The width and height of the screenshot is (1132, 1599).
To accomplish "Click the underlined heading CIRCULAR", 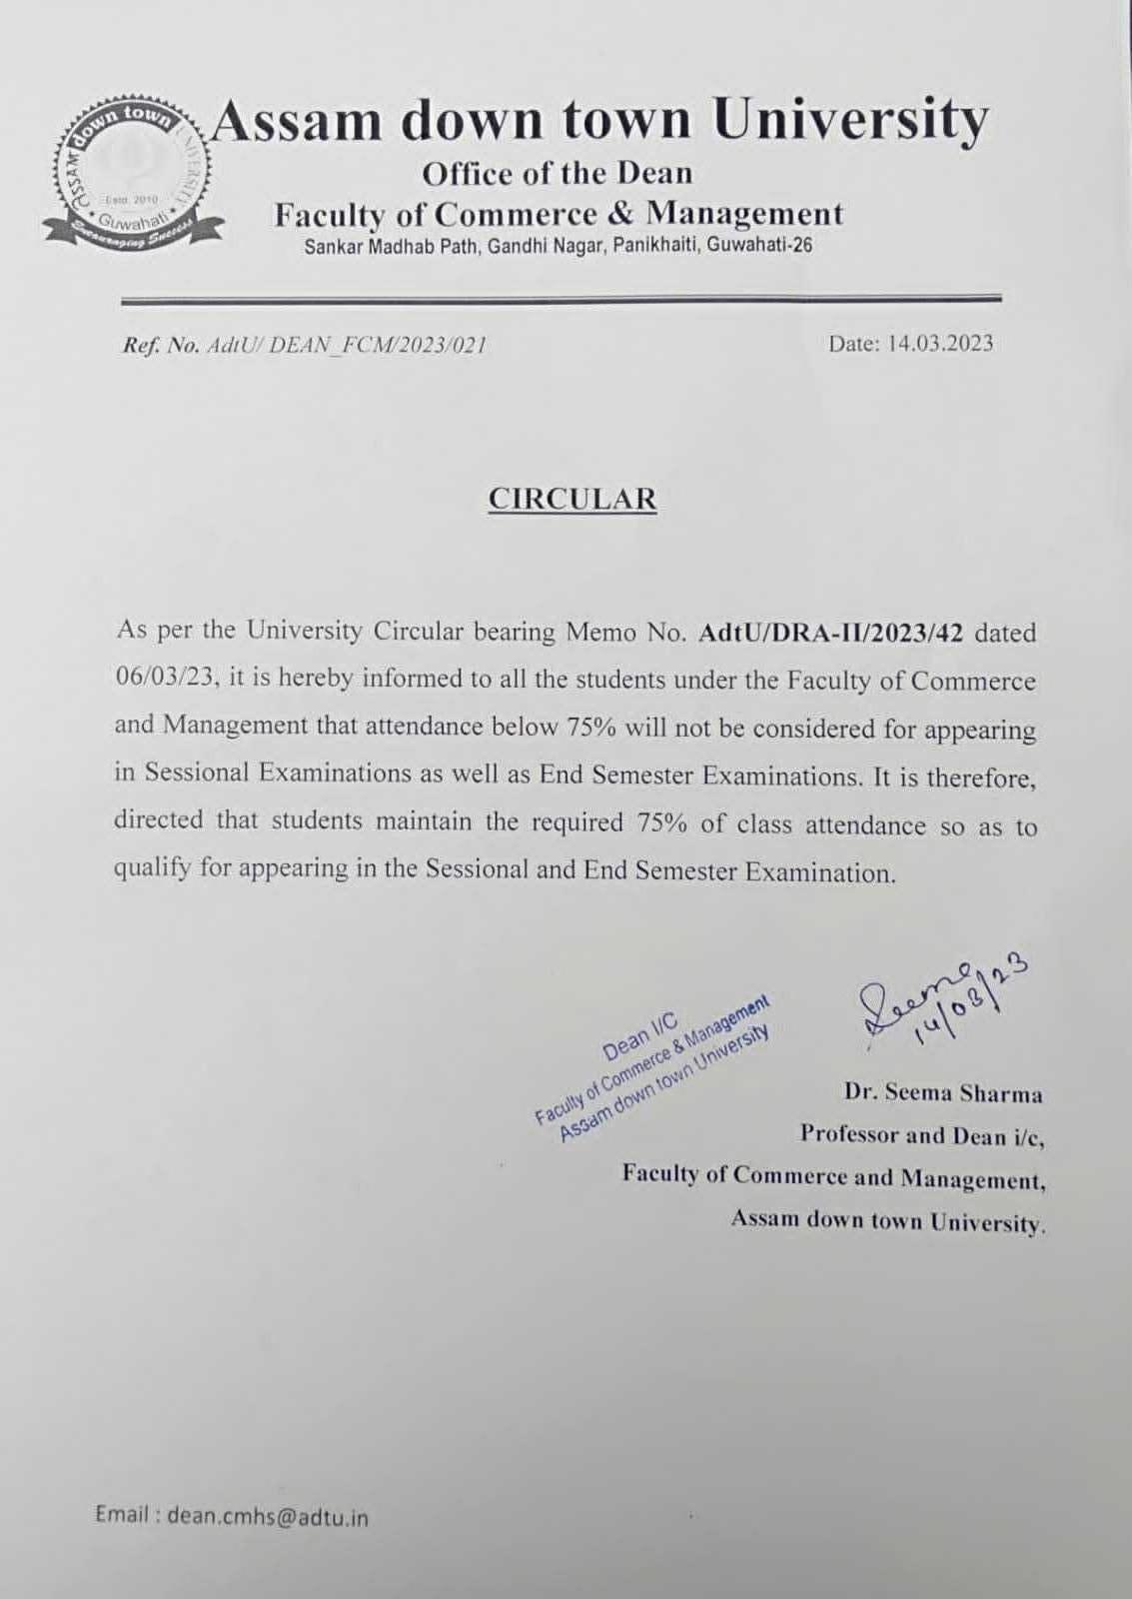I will (571, 499).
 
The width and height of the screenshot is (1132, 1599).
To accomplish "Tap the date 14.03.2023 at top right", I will (910, 344).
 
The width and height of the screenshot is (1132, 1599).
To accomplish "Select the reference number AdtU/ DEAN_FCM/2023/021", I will (346, 346).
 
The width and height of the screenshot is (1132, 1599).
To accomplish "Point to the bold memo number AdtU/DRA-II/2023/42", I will (831, 634).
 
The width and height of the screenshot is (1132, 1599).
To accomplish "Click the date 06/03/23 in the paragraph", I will (165, 679).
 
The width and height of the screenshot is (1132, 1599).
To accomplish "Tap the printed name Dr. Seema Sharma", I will (942, 1093).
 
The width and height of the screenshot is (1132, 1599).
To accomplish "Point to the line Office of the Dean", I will (557, 174).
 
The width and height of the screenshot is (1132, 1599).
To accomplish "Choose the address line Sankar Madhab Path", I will (558, 245).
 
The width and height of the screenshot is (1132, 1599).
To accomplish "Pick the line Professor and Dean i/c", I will (921, 1135).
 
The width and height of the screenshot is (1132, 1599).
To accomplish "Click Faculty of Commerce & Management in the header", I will (559, 214).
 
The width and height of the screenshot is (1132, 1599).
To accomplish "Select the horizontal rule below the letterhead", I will (561, 298).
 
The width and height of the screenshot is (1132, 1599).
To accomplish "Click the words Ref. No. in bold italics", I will (160, 346).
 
